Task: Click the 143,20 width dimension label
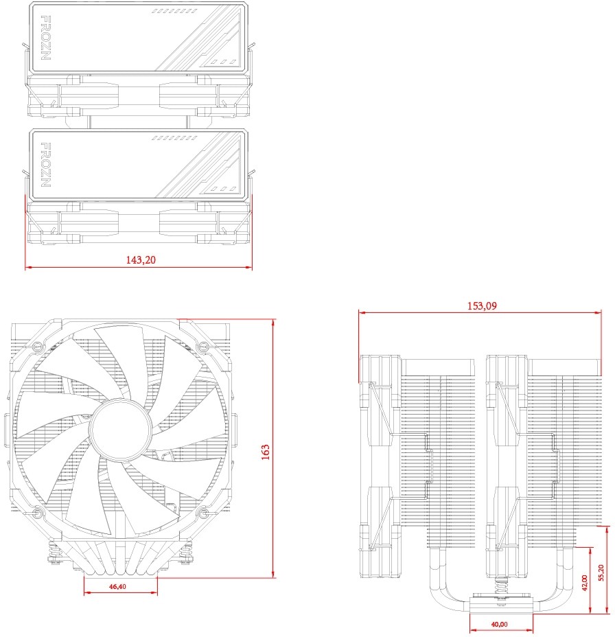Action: pyautogui.click(x=141, y=259)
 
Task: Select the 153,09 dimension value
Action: pyautogui.click(x=482, y=305)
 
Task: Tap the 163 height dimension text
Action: pyautogui.click(x=265, y=452)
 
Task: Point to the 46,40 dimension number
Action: pyautogui.click(x=117, y=586)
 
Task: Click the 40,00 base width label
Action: pyautogui.click(x=499, y=624)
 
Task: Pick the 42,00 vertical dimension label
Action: pyautogui.click(x=585, y=583)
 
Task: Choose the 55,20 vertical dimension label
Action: pyautogui.click(x=601, y=572)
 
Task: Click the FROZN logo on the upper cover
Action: pyautogui.click(x=46, y=38)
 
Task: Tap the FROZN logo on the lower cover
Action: pyautogui.click(x=46, y=165)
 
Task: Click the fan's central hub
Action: pyautogui.click(x=120, y=430)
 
